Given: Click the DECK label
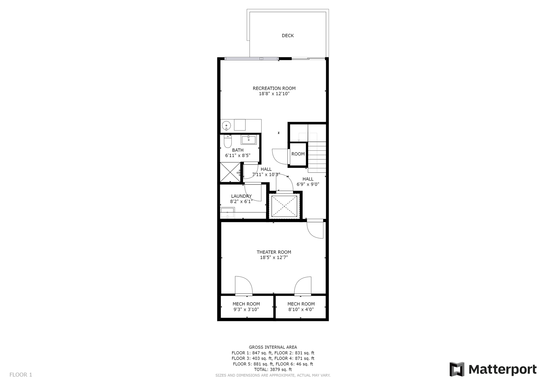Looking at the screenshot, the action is point(288,36).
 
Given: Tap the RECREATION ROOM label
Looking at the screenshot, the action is point(274,88).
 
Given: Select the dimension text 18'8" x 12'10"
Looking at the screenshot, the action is point(274,94).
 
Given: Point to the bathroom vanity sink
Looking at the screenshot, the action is point(248,140).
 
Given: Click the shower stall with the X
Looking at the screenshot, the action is point(230,172).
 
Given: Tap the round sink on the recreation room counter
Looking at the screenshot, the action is point(226,125).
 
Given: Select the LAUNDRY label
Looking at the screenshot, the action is point(241,196).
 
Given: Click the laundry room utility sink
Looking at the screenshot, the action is point(227,213).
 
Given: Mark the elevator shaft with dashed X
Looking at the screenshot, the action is point(284,206).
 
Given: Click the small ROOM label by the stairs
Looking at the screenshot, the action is point(298,154).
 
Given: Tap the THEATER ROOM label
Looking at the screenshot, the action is point(274,252).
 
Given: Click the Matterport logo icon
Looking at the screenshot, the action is point(457,369).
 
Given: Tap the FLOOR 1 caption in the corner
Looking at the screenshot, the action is point(21,375).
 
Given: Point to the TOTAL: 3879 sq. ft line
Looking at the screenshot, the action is point(273,369).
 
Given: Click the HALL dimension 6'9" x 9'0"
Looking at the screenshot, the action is point(308,184).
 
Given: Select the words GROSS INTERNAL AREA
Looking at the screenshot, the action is point(273,347).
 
